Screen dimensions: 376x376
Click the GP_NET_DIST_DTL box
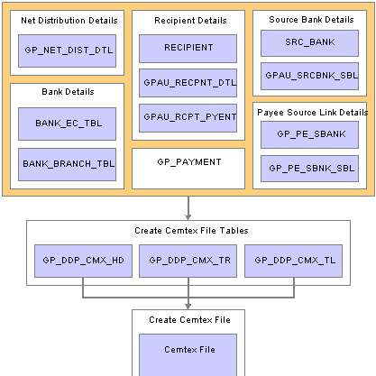67,50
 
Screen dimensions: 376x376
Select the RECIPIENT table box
188,49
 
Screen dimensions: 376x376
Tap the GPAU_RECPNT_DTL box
188,83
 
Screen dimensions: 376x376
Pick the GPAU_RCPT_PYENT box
188,118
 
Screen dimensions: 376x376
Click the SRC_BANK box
309,43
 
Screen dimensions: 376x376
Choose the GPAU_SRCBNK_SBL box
309,76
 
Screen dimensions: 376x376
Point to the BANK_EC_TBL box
67,124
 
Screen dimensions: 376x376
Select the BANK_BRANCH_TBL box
67,164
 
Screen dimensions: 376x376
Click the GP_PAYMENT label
189,162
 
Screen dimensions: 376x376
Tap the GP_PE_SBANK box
309,134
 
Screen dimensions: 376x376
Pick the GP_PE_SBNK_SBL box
309,169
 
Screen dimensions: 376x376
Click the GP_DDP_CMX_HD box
83,261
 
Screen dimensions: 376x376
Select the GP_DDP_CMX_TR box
188,261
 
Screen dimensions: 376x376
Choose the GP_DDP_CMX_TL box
293,261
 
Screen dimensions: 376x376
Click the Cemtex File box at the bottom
188,354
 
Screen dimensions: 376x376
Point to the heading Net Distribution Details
69,21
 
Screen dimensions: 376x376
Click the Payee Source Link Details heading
313,113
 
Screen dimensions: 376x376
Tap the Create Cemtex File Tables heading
191,231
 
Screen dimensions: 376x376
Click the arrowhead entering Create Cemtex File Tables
188,217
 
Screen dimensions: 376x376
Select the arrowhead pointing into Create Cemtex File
188,307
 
